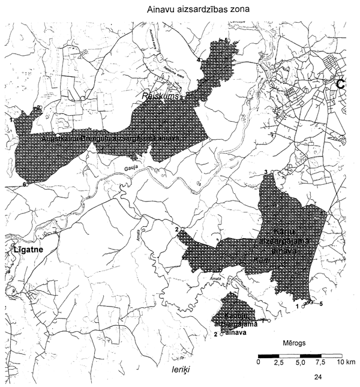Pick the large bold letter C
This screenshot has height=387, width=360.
(341, 85)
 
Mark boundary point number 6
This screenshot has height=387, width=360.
(25, 185)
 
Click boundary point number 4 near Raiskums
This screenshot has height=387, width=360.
(198, 60)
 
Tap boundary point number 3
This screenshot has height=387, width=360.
(266, 173)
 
